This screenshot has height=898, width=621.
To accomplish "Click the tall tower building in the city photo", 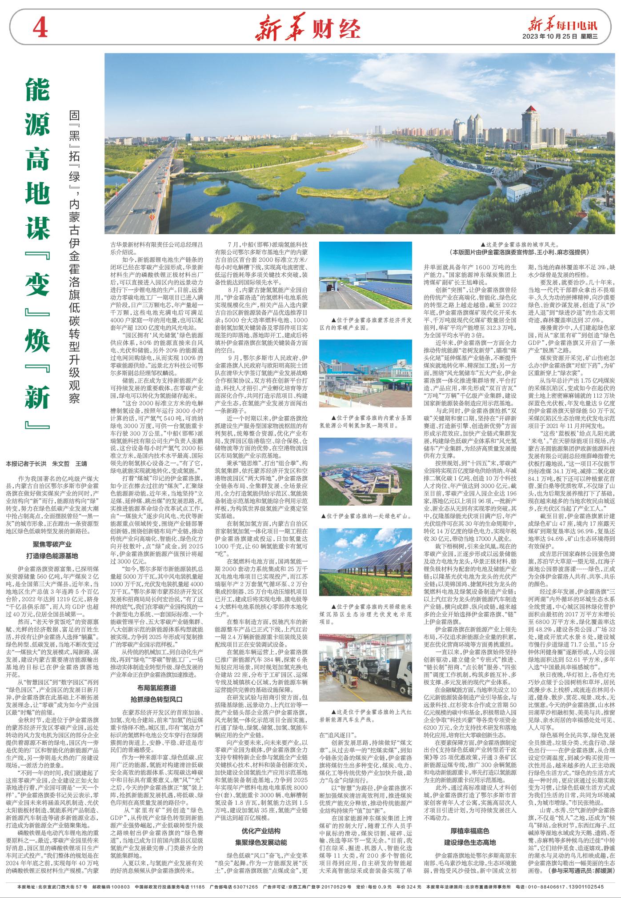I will pos(531,133).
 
